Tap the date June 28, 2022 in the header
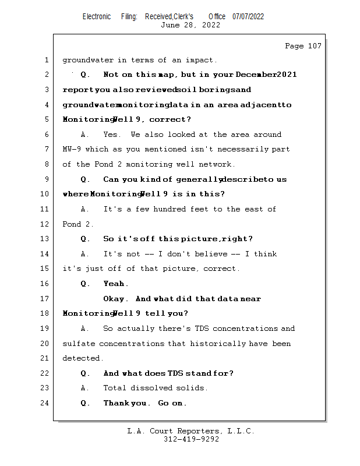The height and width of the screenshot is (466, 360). point(190,25)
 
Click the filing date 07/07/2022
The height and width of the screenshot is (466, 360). point(248,16)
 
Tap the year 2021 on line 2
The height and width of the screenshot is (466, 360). point(287,75)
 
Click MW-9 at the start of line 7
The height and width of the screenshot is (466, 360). point(72,149)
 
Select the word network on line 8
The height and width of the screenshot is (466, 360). point(217,164)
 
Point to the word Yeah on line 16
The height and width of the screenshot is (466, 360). point(114,284)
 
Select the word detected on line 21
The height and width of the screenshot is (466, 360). point(82,358)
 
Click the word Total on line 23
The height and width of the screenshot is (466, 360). point(115,388)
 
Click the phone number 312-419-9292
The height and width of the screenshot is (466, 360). point(191,439)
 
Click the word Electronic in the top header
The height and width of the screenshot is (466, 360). point(97,16)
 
